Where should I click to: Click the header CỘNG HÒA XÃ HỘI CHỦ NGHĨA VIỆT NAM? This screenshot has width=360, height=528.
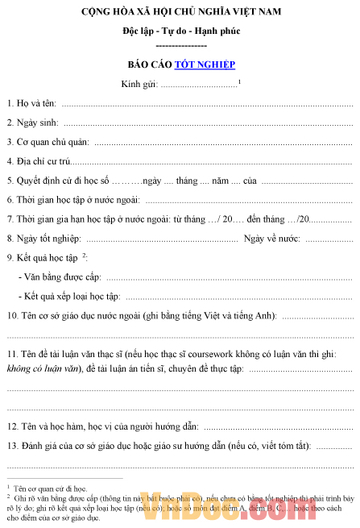click(x=180, y=14)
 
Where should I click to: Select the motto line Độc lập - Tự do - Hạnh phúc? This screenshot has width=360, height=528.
click(x=180, y=31)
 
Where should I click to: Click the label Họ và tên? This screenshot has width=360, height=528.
click(x=31, y=103)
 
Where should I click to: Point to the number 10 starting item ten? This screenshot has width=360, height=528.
click(x=12, y=315)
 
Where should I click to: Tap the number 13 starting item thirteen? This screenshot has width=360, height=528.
click(x=12, y=444)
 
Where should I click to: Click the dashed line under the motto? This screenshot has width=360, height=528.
click(x=180, y=45)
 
